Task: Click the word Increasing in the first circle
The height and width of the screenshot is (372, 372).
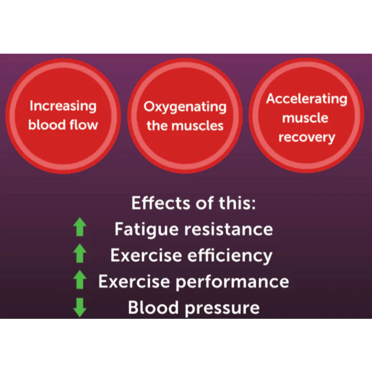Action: pos(63,106)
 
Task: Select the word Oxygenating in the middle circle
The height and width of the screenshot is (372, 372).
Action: pos(185,107)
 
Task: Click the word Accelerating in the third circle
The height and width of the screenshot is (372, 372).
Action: pos(307,99)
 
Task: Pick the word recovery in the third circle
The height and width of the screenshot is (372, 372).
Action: pos(307,137)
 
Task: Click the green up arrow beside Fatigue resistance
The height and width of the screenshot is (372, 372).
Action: pos(80,229)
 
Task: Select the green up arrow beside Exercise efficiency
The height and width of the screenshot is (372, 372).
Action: pos(80,255)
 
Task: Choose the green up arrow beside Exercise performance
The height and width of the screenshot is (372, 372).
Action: pos(80,281)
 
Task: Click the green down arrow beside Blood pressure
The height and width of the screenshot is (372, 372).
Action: pos(80,308)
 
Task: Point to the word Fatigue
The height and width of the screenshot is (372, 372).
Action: pos(146,229)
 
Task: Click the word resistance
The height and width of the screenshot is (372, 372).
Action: pos(228,229)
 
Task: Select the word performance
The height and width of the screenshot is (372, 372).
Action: pos(233,282)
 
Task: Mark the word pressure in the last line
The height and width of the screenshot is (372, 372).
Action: pos(220,308)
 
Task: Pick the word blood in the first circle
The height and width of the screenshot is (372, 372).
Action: pos(46,125)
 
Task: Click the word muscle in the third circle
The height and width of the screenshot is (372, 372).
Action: pos(307,118)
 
